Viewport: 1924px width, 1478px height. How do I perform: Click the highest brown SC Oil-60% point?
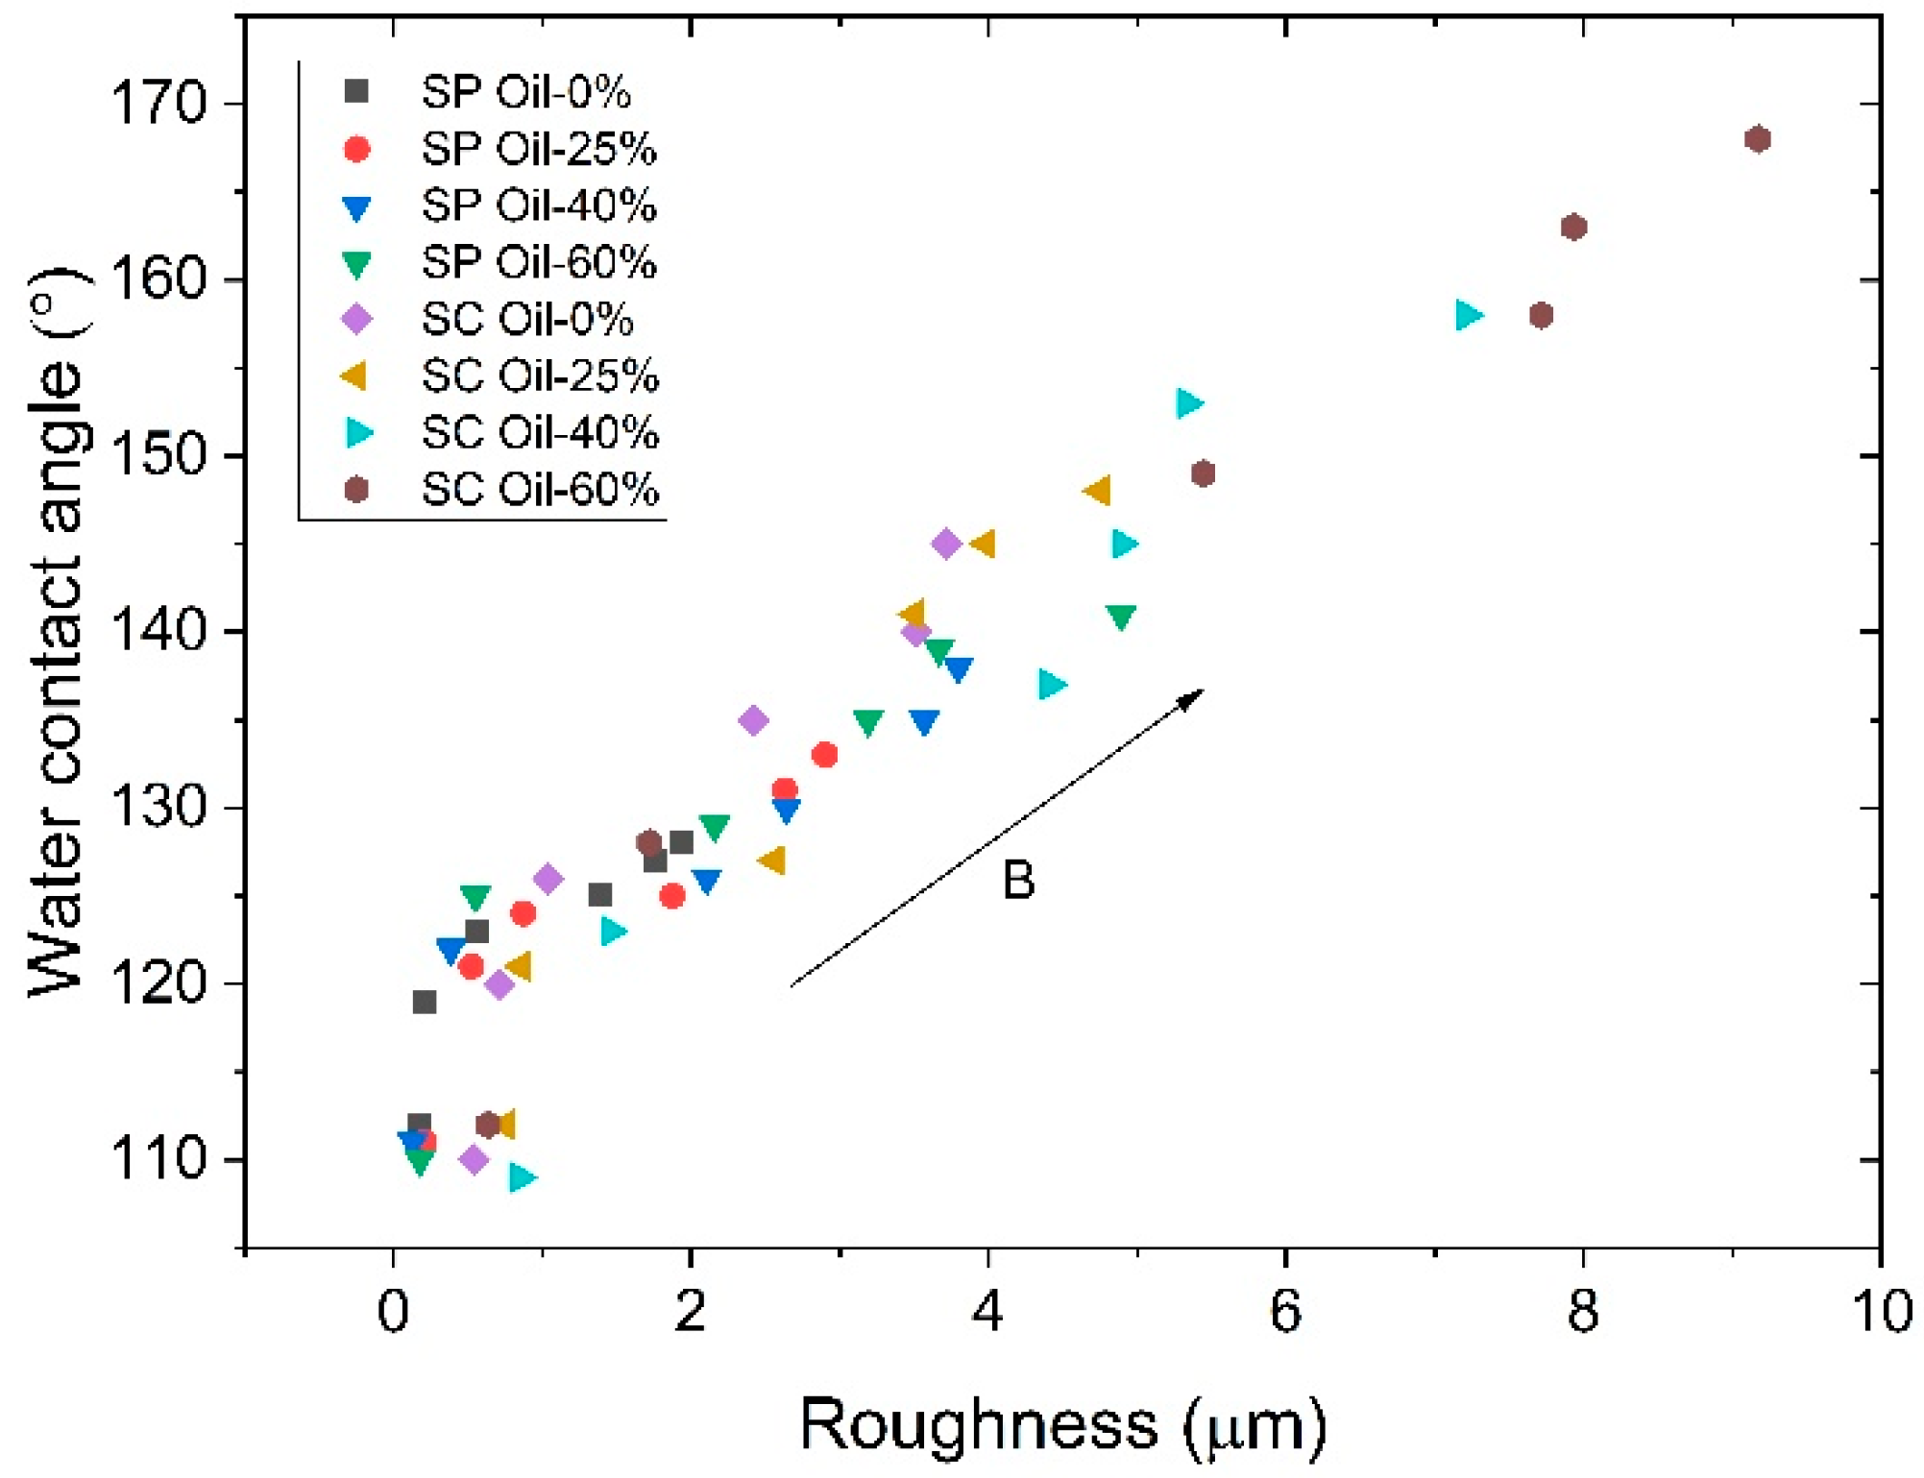coord(1757,139)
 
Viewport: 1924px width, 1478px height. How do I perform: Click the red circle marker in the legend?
coord(357,149)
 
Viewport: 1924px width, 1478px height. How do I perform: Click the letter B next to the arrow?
coord(1018,880)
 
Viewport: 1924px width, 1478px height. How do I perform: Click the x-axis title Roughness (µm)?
coord(1063,1425)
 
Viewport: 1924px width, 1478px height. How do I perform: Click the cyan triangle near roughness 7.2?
coord(1468,315)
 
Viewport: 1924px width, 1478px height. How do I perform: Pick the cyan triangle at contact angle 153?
coord(1188,403)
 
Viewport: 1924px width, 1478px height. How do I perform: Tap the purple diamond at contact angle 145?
coord(946,545)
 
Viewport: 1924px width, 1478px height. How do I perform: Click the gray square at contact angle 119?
coord(425,1002)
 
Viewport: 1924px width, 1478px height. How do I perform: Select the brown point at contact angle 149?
coord(1203,473)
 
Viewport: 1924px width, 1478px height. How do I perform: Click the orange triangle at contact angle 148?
coord(1098,491)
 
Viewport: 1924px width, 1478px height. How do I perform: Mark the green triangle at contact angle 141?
coord(1120,617)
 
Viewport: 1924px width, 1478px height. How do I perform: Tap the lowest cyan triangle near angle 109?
coord(521,1177)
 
